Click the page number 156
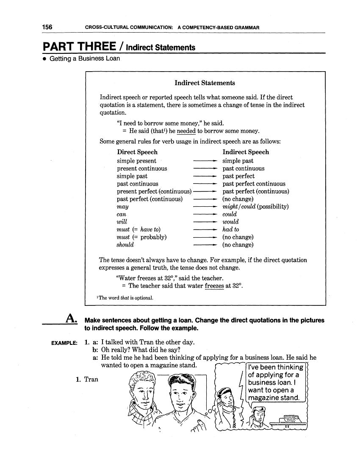pyautogui.click(x=47, y=27)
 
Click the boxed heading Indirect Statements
pyautogui.click(x=205, y=83)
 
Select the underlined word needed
pyautogui.click(x=186, y=131)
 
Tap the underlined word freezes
pyautogui.click(x=214, y=286)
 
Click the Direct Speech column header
pyautogui.click(x=137, y=152)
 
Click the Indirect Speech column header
pyautogui.click(x=246, y=152)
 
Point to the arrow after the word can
pyautogui.click(x=205, y=214)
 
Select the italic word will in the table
pyautogui.click(x=122, y=222)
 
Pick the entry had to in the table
pyautogui.click(x=231, y=230)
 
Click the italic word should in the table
pyautogui.click(x=125, y=245)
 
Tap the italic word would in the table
pyautogui.click(x=231, y=222)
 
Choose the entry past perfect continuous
pyautogui.click(x=254, y=184)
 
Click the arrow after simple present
pyautogui.click(x=205, y=161)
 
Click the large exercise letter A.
pyautogui.click(x=71, y=318)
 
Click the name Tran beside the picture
pyautogui.click(x=91, y=379)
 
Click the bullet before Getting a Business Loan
pyautogui.click(x=44, y=59)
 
